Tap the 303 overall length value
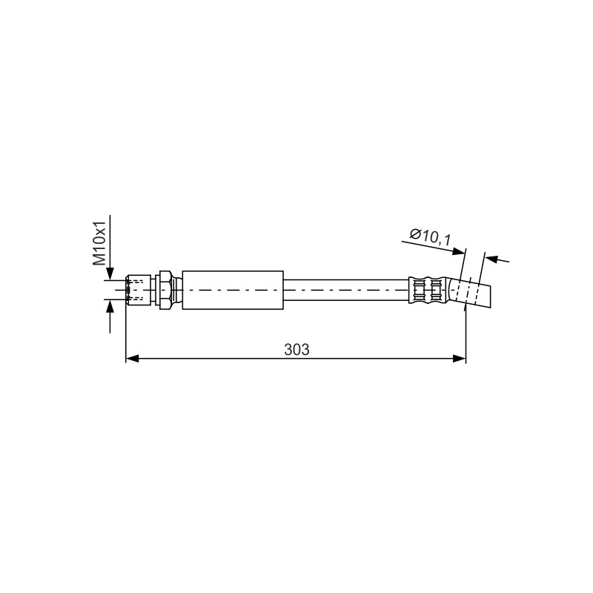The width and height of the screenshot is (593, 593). (296, 349)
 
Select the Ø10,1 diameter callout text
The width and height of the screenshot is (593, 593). (431, 237)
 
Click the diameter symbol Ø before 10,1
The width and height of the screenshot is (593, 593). (416, 234)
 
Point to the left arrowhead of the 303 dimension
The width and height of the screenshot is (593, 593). (133, 359)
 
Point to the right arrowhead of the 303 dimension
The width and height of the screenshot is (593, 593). (459, 359)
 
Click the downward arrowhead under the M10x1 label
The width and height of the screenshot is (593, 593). (110, 274)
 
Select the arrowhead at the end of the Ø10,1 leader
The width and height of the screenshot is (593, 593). (458, 251)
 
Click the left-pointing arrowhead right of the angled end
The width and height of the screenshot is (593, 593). (491, 259)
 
